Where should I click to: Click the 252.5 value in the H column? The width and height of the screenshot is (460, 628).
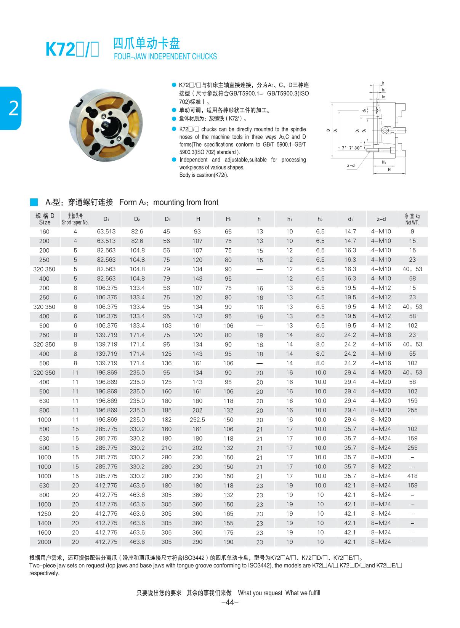pos(197,420)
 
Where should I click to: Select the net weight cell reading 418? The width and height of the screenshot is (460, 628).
pos(412,476)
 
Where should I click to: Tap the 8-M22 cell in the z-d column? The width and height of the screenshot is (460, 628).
pos(381,467)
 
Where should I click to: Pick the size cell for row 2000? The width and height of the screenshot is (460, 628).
pos(44,542)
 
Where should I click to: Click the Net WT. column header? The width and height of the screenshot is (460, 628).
pos(412,219)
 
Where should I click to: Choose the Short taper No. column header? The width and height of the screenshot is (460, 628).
pos(75,219)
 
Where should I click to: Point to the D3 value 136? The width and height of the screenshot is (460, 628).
pos(167,363)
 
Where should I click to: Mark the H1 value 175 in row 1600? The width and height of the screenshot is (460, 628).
pos(228,532)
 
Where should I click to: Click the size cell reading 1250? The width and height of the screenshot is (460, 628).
pos(44,514)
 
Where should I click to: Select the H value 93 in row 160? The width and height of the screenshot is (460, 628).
pos(197,232)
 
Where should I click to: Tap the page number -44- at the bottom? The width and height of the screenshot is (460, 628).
pos(230,602)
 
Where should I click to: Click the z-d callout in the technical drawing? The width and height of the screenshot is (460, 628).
pos(351,166)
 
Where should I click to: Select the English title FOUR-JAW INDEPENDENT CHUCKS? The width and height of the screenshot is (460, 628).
pos(165,57)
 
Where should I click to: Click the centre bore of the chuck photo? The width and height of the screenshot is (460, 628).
pos(106,125)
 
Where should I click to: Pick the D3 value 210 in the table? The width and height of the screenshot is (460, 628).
pos(167,448)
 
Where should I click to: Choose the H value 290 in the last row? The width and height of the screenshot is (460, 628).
pos(197,542)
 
